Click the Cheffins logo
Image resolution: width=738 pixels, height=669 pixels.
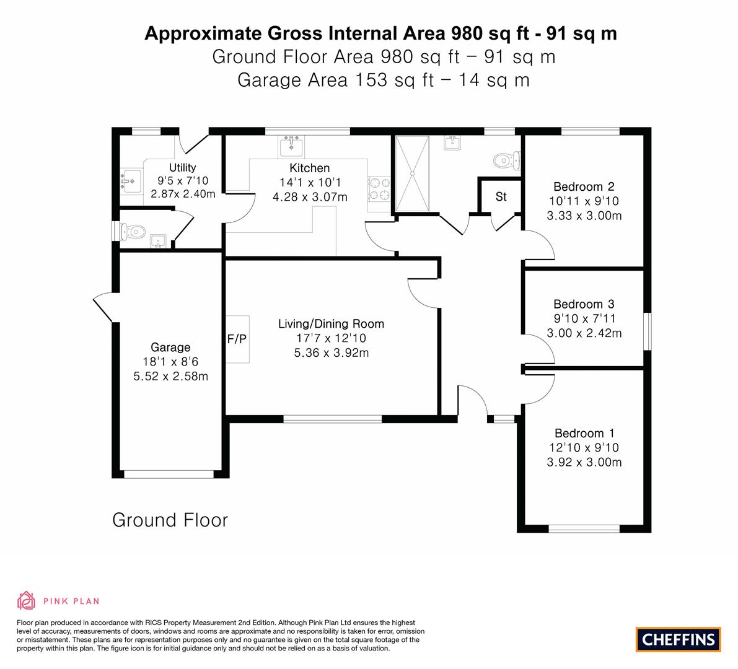click(x=678, y=639)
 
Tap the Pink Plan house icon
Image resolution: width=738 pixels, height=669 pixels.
click(x=27, y=600)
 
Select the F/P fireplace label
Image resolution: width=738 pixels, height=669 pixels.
click(x=237, y=339)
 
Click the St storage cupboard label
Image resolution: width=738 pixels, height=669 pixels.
click(x=501, y=196)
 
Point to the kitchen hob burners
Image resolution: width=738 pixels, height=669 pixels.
click(x=379, y=188)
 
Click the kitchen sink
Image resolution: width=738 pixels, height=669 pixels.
click(x=291, y=146)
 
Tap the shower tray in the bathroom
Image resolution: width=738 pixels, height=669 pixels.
click(x=412, y=173)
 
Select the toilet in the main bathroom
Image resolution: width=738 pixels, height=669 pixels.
click(x=507, y=161)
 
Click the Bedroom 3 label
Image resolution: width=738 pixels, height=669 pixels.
click(x=584, y=304)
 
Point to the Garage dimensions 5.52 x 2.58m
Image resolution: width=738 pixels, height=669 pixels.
click(x=170, y=377)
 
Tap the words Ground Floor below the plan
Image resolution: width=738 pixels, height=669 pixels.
click(x=170, y=520)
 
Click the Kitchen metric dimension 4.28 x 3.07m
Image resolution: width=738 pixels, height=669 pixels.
click(x=310, y=197)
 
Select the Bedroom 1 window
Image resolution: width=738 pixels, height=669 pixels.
click(x=584, y=529)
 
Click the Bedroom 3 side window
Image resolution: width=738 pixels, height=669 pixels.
click(x=648, y=331)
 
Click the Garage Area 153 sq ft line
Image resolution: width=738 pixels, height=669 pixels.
click(x=384, y=80)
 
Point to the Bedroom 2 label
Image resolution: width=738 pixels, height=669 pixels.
click(x=584, y=187)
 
